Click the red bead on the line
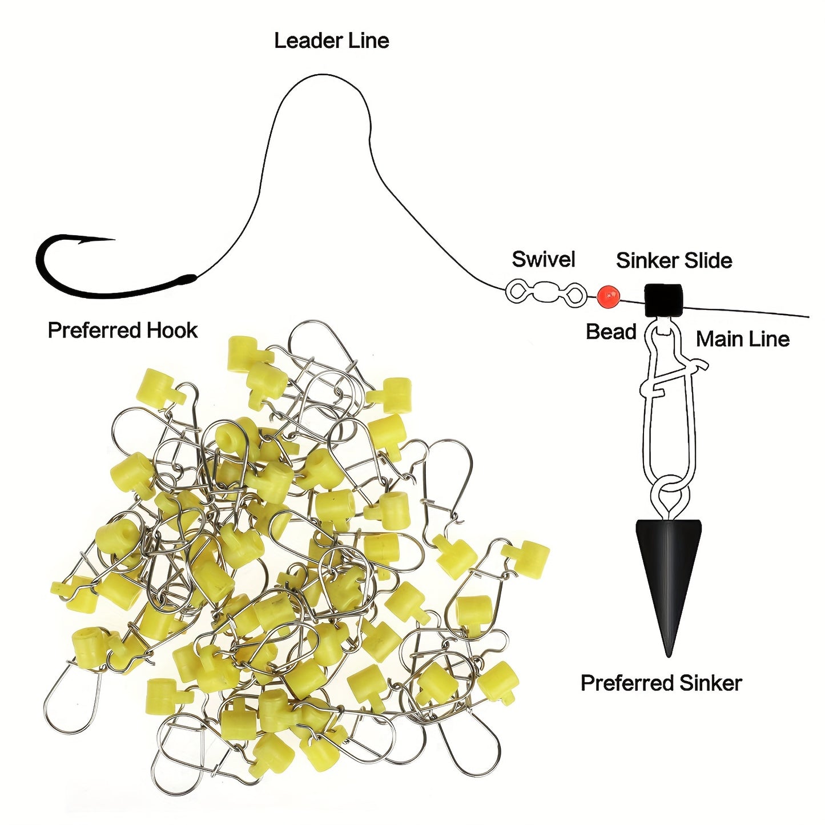[x=609, y=296]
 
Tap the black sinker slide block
[x=663, y=300]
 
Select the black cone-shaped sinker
[x=668, y=571]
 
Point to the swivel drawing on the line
[x=546, y=293]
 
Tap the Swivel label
[x=543, y=260]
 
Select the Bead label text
[x=611, y=332]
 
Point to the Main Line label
[x=742, y=340]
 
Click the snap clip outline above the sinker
[x=669, y=411]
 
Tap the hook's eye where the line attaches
[x=188, y=279]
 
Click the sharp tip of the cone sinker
[x=668, y=654]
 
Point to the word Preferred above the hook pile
[x=94, y=331]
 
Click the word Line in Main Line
[x=770, y=340]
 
